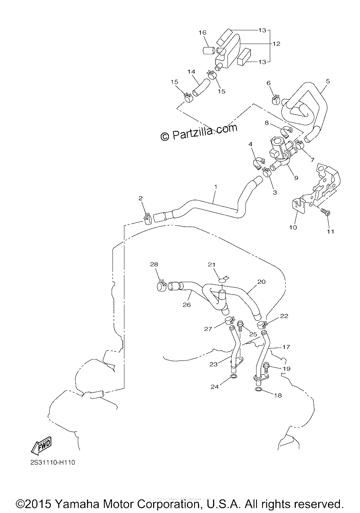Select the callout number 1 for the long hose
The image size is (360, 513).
coord(215,187)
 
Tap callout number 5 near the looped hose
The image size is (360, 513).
coord(328,81)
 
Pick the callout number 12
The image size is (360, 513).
coord(277,44)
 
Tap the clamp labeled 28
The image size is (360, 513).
coord(162,286)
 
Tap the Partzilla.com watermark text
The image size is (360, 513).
coord(199,132)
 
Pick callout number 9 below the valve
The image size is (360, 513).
coord(296,177)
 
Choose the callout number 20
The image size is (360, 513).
coord(261,281)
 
